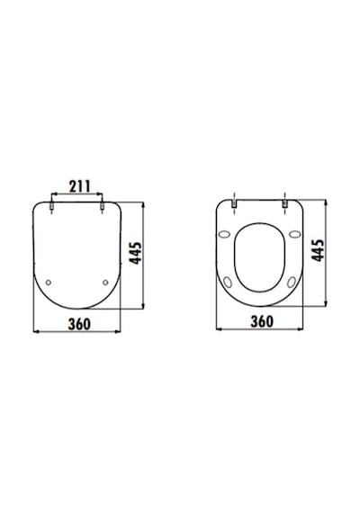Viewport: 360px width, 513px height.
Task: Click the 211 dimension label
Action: click(x=79, y=186)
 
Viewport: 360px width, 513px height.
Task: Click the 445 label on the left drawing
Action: click(x=136, y=253)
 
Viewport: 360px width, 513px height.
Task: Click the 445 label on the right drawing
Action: click(x=318, y=250)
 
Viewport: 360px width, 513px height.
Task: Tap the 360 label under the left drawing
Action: click(x=79, y=324)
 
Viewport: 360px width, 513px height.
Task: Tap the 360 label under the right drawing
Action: click(x=262, y=321)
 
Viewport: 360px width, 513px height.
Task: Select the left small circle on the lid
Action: click(x=49, y=283)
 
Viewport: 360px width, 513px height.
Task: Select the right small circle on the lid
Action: click(x=105, y=283)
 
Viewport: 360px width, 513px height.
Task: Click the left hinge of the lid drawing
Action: click(x=51, y=206)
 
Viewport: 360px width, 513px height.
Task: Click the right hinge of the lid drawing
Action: click(x=102, y=206)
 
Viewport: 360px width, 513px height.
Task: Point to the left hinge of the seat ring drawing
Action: click(x=234, y=203)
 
